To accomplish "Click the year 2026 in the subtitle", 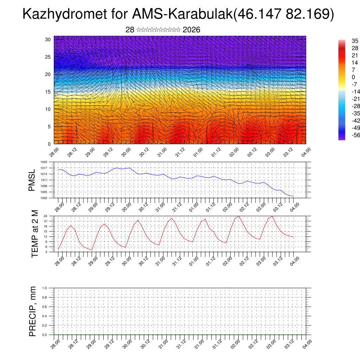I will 192,30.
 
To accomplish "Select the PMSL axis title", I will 32,180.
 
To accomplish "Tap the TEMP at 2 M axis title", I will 34,233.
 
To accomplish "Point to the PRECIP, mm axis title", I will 33,311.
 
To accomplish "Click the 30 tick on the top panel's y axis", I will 48,39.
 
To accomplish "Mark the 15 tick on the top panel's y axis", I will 48,92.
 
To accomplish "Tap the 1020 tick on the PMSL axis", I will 44,162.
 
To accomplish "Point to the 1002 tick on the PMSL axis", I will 44,198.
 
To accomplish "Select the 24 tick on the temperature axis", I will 45,216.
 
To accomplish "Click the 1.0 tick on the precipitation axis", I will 44,288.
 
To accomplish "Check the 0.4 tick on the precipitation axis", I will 44,316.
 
